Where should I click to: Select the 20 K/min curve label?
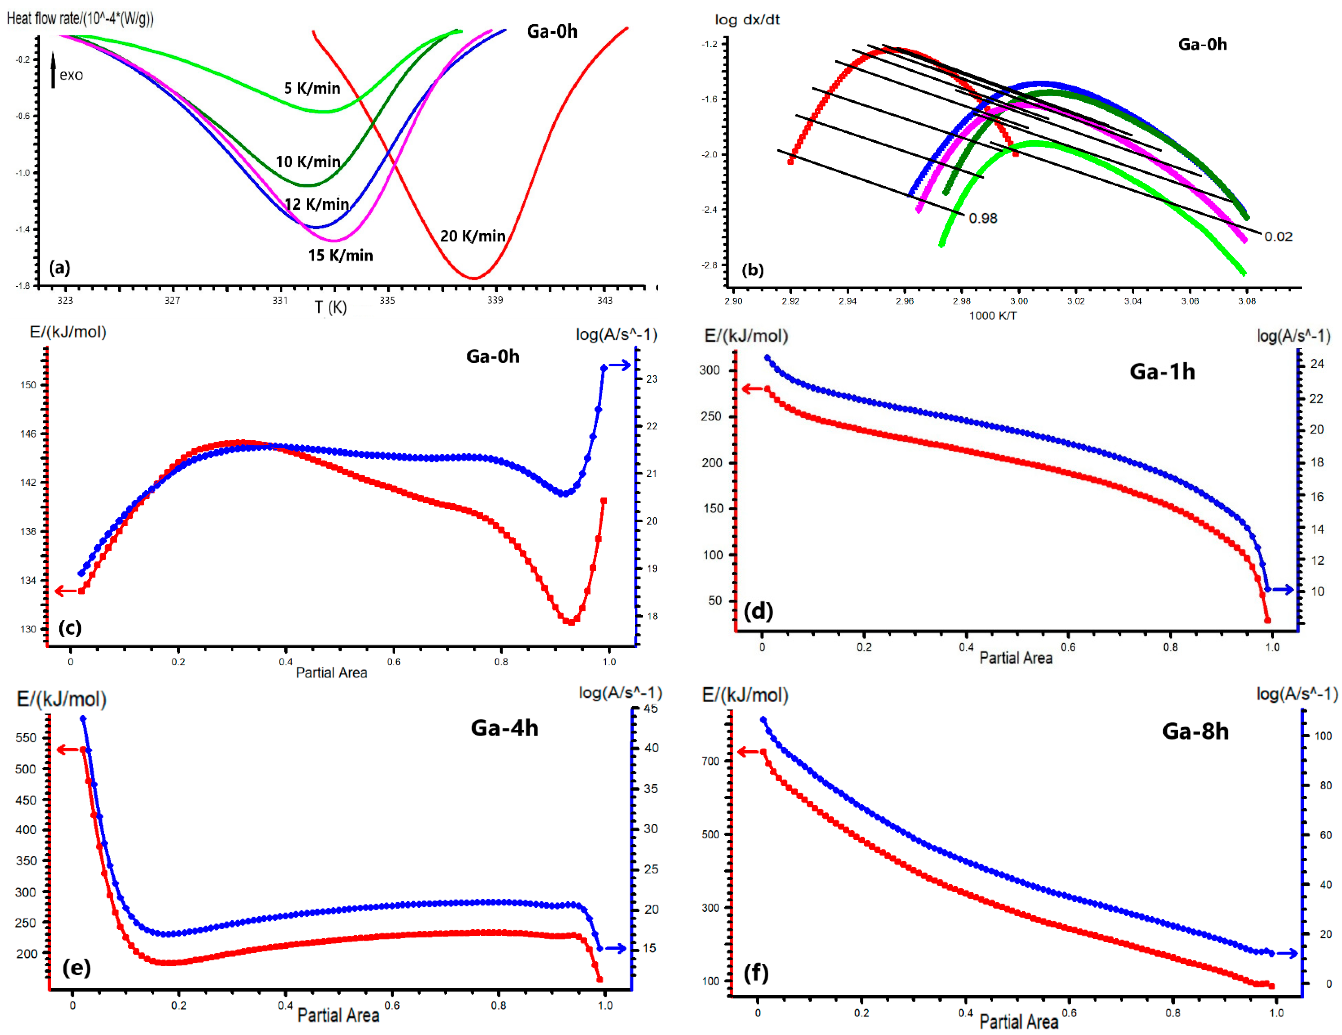pyautogui.click(x=473, y=236)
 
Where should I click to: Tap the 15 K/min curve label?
pyautogui.click(x=340, y=255)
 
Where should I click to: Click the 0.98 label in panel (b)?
pyautogui.click(x=983, y=218)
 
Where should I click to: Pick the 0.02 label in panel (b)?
pyautogui.click(x=1278, y=237)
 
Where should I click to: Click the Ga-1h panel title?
pyautogui.click(x=1163, y=372)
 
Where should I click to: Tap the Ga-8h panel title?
pyautogui.click(x=1195, y=731)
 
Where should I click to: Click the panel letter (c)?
pyautogui.click(x=70, y=627)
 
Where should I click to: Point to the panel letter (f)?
pyautogui.click(x=756, y=973)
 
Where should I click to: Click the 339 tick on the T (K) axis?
pyautogui.click(x=495, y=300)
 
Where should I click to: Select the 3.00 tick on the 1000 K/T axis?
pyautogui.click(x=1019, y=301)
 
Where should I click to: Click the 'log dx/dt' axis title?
pyautogui.click(x=747, y=20)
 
